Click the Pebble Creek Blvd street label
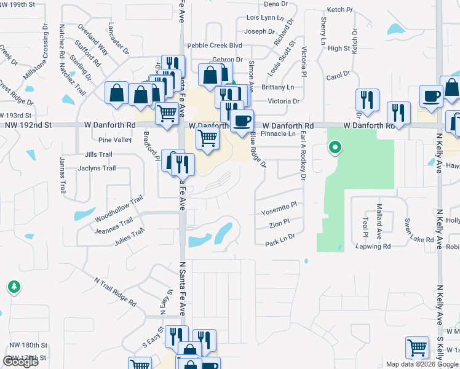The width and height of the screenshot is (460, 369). [215, 46]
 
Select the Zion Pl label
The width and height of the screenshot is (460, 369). [279, 224]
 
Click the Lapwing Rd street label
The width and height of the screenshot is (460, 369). [373, 246]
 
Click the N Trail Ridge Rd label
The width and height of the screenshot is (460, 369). [115, 292]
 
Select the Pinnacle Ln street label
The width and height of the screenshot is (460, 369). [279, 133]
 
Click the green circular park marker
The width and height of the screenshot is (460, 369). [335, 148]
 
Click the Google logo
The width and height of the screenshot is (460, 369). [20, 362]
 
